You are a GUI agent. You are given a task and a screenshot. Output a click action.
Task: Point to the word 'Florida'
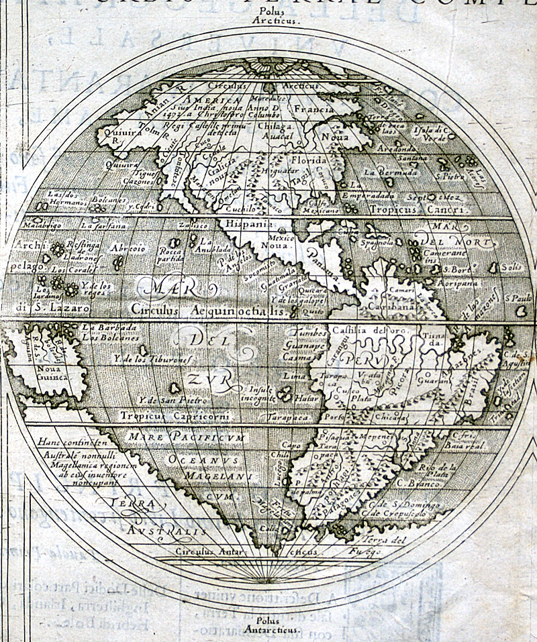(x=307, y=161)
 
